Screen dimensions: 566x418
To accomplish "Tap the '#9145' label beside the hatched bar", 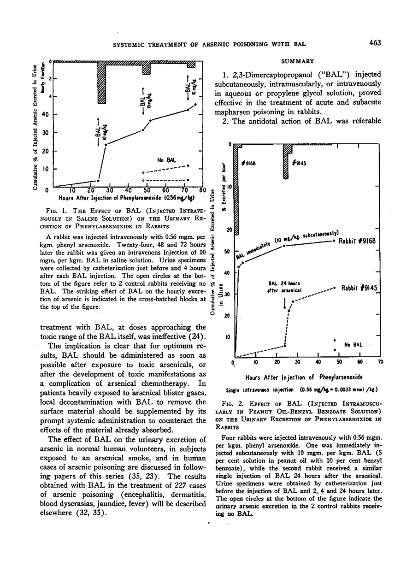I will click(302, 162).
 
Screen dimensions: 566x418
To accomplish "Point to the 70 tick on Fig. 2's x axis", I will click(380, 362).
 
